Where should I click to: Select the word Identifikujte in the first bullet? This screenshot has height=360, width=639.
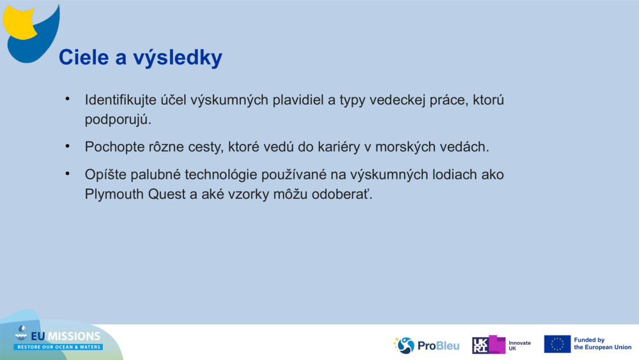(x=121, y=101)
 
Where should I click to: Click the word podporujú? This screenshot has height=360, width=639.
(x=118, y=120)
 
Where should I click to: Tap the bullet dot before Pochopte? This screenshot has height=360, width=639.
(x=66, y=146)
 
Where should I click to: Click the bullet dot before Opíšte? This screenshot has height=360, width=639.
(x=66, y=174)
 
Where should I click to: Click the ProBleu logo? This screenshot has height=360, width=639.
(x=427, y=345)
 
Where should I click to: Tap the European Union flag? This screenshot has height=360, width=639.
(x=557, y=344)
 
